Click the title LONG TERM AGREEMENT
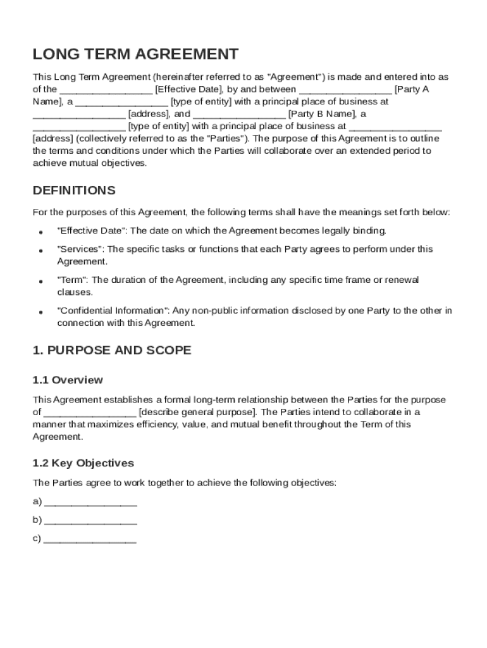(x=135, y=54)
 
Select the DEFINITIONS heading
(x=74, y=190)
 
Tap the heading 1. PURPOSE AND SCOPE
(x=111, y=351)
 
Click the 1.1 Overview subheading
(x=68, y=380)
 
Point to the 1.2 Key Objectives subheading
(x=83, y=463)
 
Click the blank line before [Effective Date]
(x=106, y=90)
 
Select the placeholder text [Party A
(x=411, y=90)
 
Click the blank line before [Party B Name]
(x=239, y=115)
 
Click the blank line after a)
(x=91, y=502)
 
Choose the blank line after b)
(x=91, y=521)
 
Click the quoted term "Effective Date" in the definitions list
(x=91, y=231)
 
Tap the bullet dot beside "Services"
(x=40, y=251)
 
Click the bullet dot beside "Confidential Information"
(x=40, y=312)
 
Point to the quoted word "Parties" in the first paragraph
(x=227, y=139)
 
